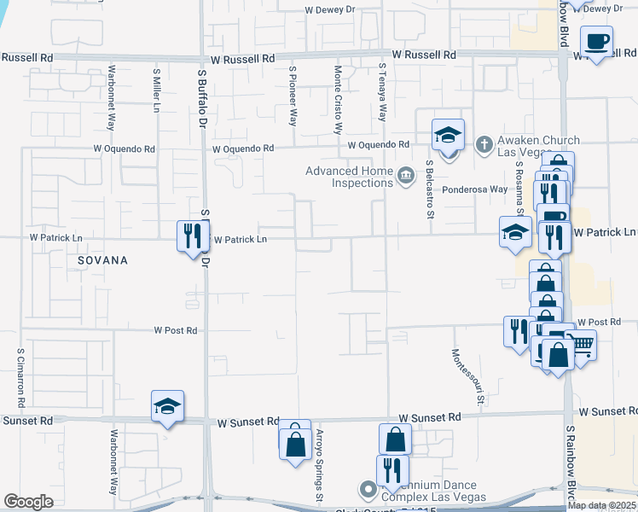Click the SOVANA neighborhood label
coord(101,259)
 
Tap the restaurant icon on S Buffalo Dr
coord(191,236)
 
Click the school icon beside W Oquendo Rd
coord(448,135)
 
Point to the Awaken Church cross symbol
coord(484,143)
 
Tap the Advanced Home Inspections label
coord(351,177)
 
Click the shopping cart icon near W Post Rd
coord(581,345)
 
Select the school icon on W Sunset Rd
coord(168,406)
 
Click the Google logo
coord(28,502)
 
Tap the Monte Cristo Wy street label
coord(339,100)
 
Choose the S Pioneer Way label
coord(293,96)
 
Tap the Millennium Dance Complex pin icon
coord(368,491)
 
